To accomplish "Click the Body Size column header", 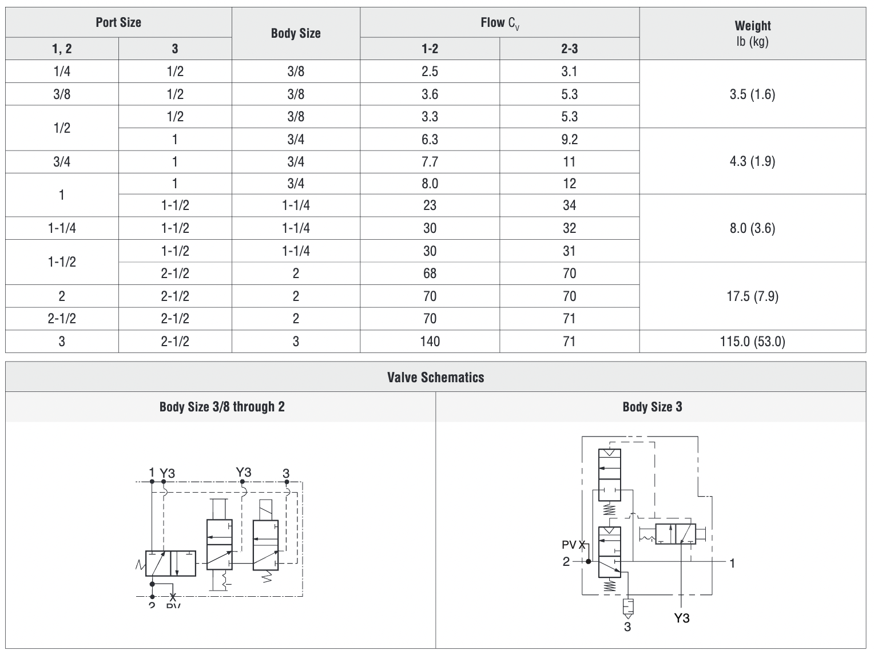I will coord(296,33).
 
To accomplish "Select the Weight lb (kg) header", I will coord(752,33).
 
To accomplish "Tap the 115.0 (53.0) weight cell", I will coord(752,342).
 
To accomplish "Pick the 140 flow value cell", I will coord(430,342).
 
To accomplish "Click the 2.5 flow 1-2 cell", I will coord(430,72).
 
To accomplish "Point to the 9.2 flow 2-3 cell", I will coord(569,139).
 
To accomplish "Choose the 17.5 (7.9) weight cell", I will coord(752,296).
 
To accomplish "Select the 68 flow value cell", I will coord(430,274).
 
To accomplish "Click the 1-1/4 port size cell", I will coord(62,228).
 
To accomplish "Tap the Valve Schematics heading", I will coord(435,377).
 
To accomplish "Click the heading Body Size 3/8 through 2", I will coord(222,407).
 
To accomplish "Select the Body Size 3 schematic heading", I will coord(652,407).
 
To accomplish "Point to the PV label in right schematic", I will coord(569,545).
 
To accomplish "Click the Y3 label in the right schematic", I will coord(681,619).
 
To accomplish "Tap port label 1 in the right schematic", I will coord(732,563).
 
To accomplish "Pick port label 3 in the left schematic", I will coord(286,473).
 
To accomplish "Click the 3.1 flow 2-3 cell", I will coord(569,72).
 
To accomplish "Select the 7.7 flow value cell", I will coord(430,162).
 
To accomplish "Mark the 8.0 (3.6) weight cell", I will coord(752,228).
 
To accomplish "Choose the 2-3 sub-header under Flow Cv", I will coord(569,49).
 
